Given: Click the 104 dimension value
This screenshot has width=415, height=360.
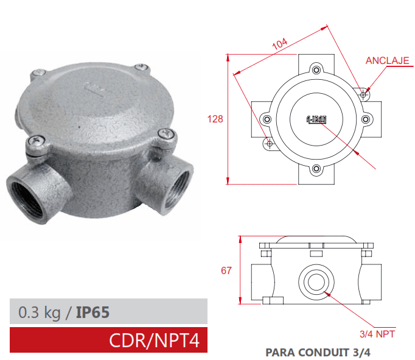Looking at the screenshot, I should click(279, 44).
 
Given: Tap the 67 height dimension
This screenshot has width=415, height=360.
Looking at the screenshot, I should click(226, 270).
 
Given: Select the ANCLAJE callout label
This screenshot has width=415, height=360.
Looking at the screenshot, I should click(386, 60).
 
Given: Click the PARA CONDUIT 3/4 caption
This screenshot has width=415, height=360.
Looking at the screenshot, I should click(318, 351).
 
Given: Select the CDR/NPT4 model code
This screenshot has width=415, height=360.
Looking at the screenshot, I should click(154, 340).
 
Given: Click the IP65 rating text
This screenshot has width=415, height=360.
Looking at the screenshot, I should click(93, 312).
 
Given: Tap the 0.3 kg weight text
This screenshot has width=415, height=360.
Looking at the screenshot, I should click(40, 312).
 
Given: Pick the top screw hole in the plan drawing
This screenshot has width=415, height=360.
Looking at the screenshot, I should click(315, 69).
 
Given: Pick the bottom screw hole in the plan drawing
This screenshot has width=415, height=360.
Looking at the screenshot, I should click(315, 169).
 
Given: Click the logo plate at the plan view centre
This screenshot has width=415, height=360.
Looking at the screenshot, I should click(316, 119).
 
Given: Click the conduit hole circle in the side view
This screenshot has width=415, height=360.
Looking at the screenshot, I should click(315, 281).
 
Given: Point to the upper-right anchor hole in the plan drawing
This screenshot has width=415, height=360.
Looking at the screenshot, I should click(363, 94).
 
